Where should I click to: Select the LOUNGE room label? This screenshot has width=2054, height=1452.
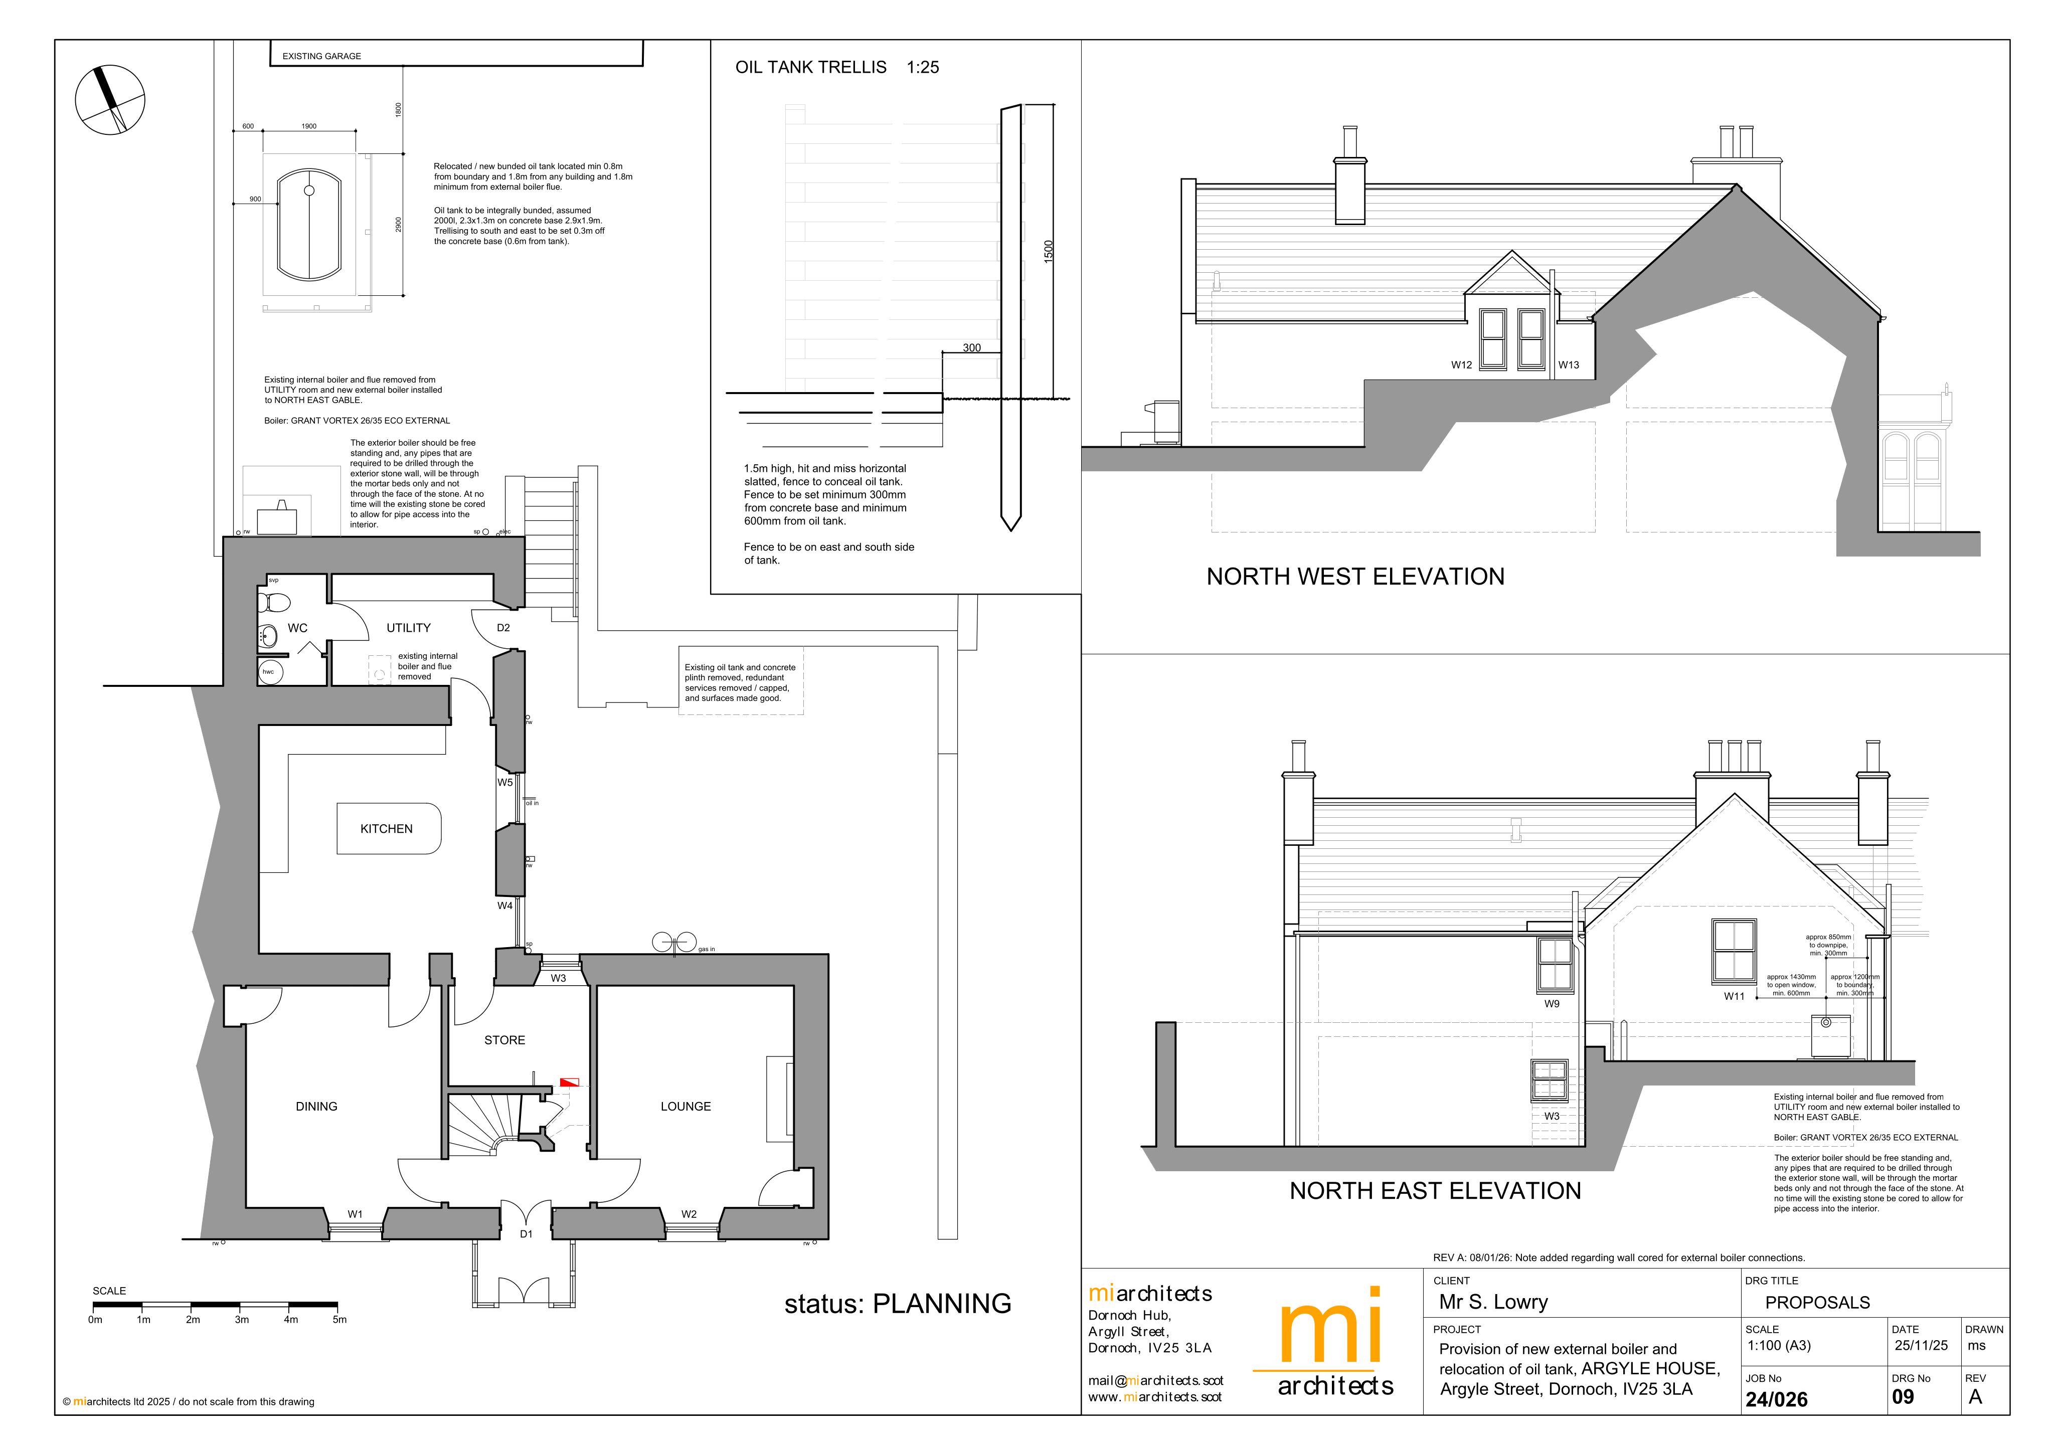(686, 1107)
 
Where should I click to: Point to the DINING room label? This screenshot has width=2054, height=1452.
(317, 1107)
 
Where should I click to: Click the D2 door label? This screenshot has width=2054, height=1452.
(503, 628)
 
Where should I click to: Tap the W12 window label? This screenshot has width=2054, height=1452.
(1461, 365)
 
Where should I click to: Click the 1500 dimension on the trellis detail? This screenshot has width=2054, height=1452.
(1050, 251)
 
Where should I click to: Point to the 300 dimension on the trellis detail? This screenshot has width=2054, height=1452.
(971, 348)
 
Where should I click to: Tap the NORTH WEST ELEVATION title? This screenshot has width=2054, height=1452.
(1355, 576)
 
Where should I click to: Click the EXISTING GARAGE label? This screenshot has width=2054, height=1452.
(322, 56)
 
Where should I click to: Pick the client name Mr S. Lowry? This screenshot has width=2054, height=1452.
(1493, 1303)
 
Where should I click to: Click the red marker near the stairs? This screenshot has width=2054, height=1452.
(569, 1082)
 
